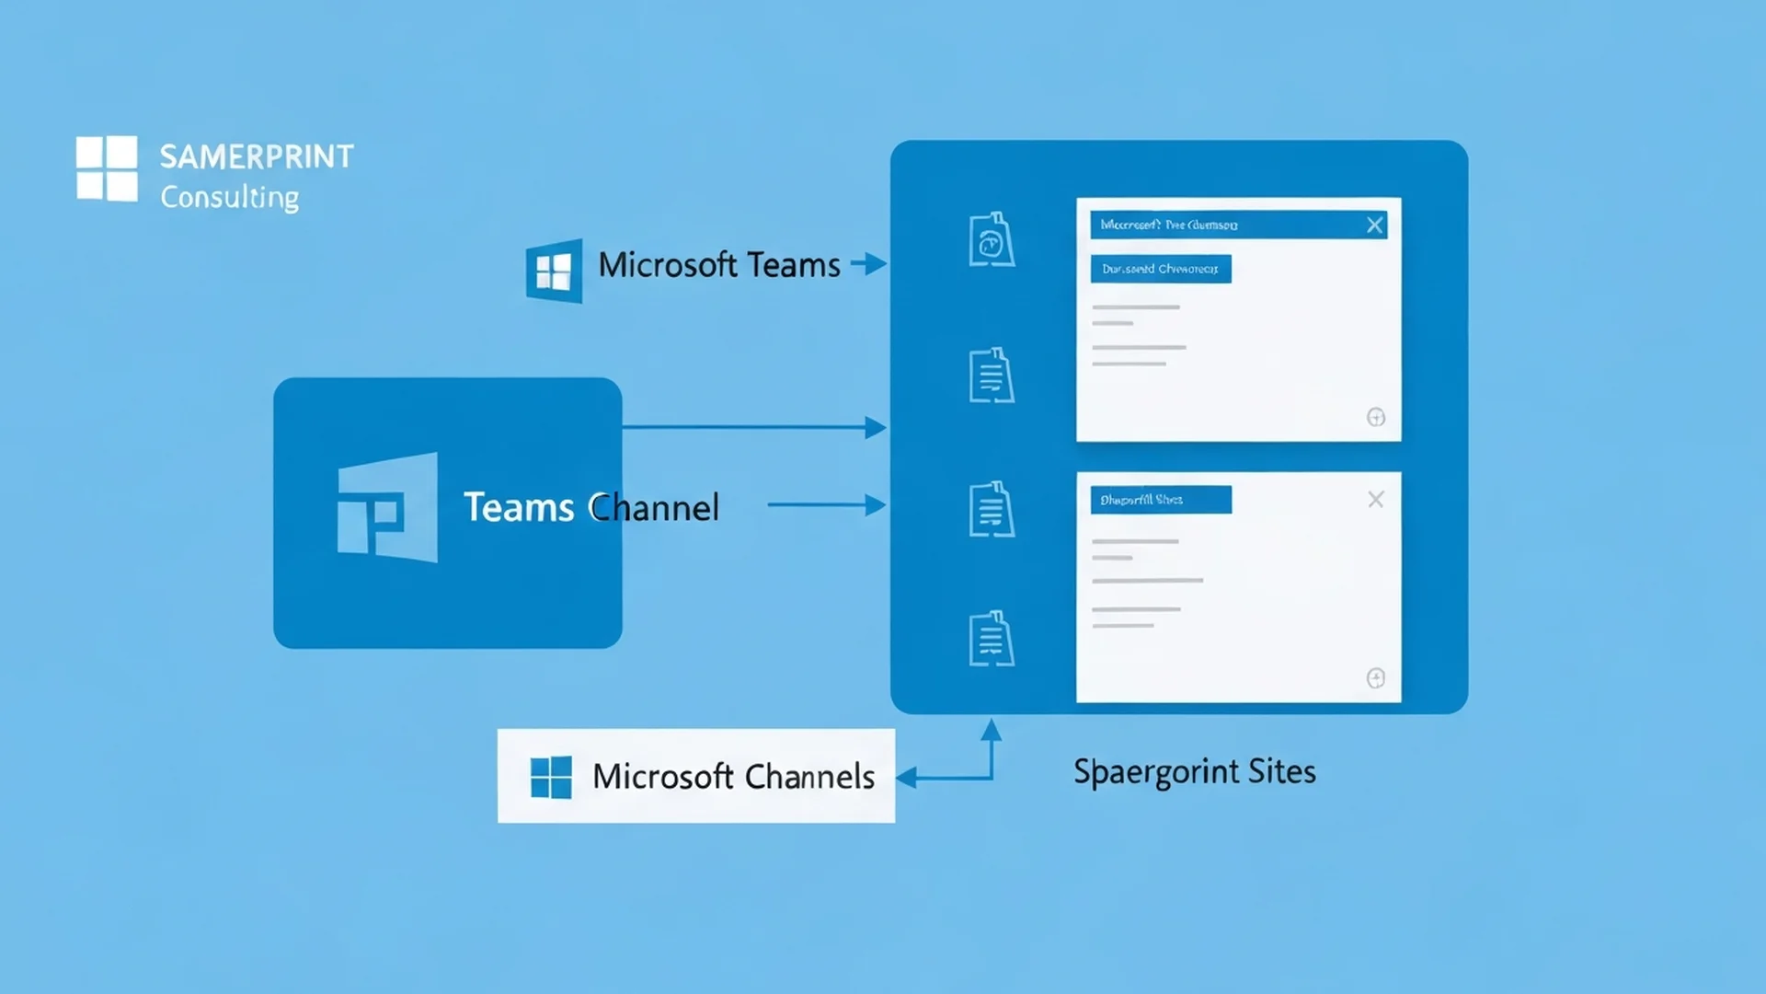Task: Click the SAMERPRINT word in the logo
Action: pos(257,156)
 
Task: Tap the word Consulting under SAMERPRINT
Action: pos(229,197)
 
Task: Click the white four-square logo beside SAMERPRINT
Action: pos(107,168)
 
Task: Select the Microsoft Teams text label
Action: pos(718,265)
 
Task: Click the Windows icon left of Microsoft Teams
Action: pos(554,271)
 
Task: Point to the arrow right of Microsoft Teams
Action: pos(868,264)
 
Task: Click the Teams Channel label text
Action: pos(591,507)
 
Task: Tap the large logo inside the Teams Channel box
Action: pos(387,507)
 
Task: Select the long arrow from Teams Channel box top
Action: pos(754,427)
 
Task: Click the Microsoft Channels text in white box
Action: pos(733,777)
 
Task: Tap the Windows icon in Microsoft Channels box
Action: pos(551,777)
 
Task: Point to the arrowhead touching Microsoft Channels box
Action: pos(907,778)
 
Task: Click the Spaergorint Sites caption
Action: pos(1194,771)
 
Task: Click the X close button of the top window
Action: pos(1375,225)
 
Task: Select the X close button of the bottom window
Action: pos(1375,500)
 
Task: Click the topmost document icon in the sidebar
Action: pos(991,240)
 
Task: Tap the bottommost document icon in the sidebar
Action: pos(991,638)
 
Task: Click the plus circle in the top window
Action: pos(1375,418)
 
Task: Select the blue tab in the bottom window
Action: pos(1160,500)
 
